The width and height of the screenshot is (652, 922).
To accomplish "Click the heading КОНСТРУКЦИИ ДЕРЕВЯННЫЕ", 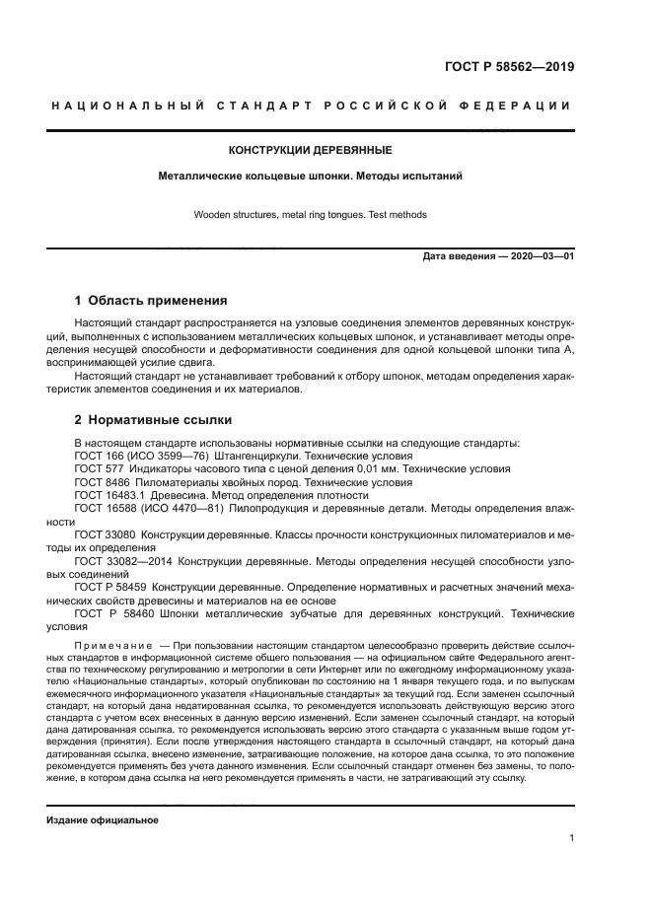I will pos(311,151).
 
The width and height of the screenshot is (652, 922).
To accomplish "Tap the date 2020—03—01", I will pos(541,256).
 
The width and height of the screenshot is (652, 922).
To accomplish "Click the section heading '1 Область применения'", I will pos(152,301).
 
